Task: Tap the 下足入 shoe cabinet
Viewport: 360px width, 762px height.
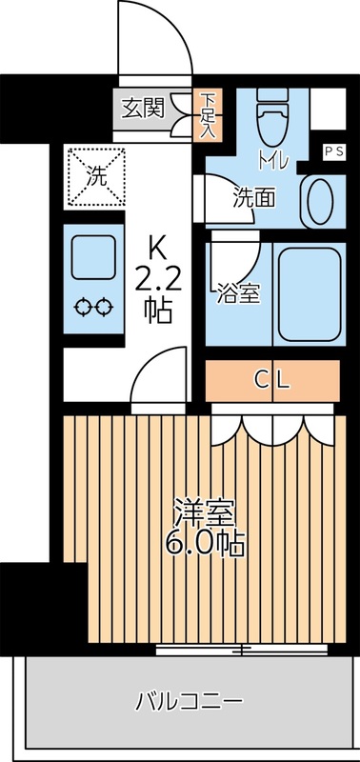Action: (208, 114)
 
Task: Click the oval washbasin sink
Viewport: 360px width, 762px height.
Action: (318, 197)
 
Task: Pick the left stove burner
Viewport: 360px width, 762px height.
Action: (83, 308)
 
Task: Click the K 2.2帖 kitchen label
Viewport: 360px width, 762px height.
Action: (158, 281)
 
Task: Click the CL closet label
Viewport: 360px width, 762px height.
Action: (272, 380)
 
